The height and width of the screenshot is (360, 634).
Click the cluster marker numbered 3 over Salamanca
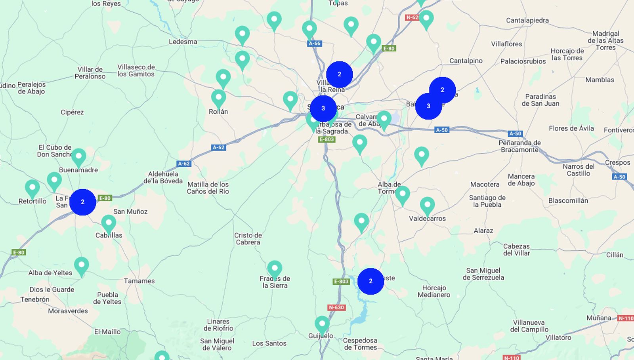click(323, 108)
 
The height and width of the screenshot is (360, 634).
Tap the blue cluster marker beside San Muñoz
click(82, 202)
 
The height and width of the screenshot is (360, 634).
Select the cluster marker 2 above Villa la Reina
click(339, 74)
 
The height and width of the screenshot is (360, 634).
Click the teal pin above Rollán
click(218, 97)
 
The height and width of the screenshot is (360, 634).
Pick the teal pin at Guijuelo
click(322, 324)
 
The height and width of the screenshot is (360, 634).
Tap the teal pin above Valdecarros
click(427, 205)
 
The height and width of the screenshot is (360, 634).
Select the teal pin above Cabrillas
click(109, 223)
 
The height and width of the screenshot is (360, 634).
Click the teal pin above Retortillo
click(32, 188)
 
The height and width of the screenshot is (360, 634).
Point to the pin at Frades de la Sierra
click(275, 269)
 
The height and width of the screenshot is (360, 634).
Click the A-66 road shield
click(315, 44)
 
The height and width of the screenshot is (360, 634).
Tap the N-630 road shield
click(336, 307)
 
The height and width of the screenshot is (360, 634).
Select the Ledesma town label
click(183, 42)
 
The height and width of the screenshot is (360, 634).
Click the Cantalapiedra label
click(527, 20)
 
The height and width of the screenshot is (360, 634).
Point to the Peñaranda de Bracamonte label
click(519, 146)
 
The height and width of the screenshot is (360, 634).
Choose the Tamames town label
click(139, 281)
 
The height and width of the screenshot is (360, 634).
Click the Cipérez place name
click(72, 112)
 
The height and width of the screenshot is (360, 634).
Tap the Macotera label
click(485, 184)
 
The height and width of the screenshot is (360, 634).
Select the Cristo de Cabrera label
click(248, 238)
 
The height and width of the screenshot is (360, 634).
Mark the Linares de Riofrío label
click(218, 325)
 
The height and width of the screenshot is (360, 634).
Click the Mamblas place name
click(600, 80)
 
